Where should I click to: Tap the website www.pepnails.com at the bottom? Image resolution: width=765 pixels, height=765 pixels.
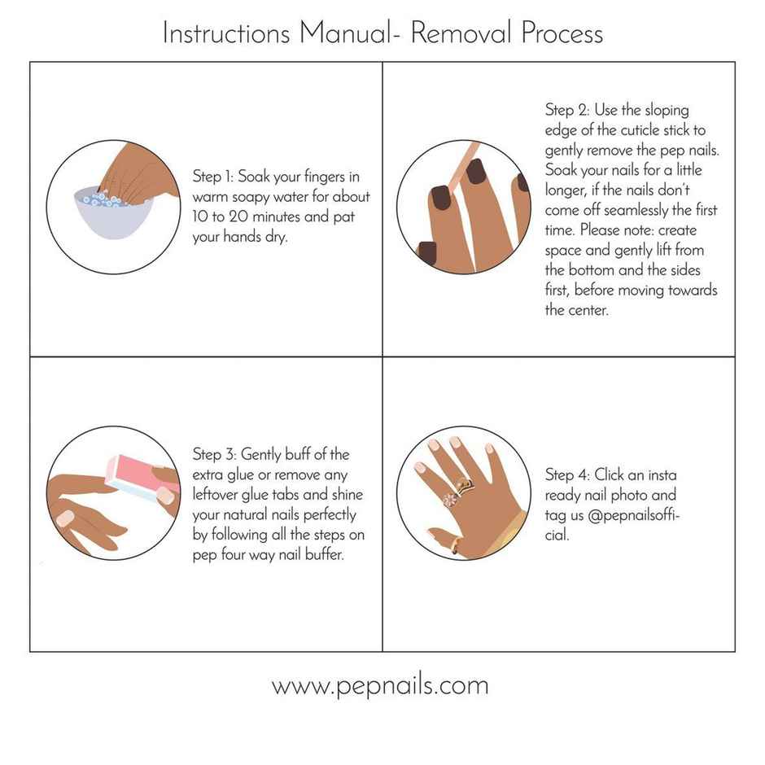(380, 685)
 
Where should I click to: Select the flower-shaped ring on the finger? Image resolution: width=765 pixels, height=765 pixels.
(449, 498)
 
